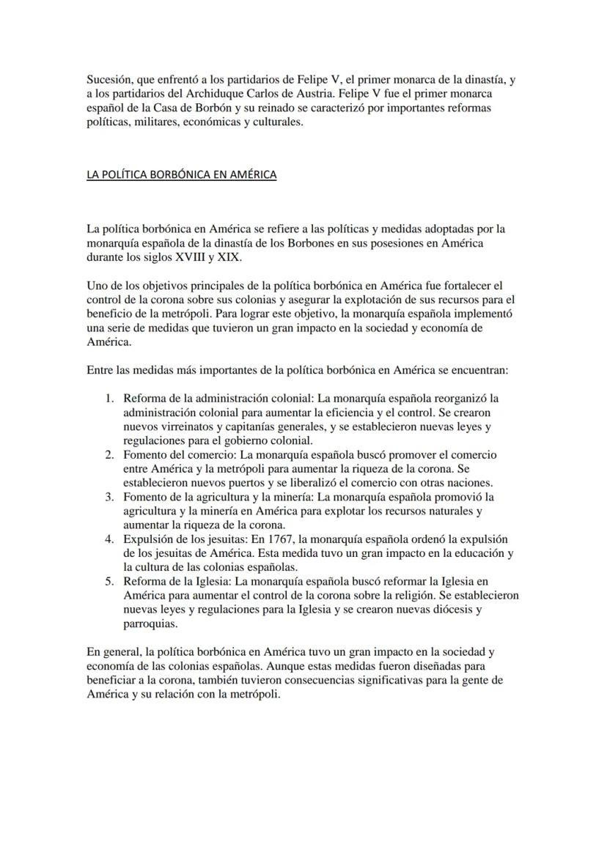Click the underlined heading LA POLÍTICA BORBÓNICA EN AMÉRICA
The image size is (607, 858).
coord(181,175)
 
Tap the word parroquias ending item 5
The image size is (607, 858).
coord(150,623)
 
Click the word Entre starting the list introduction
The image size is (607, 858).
coord(100,370)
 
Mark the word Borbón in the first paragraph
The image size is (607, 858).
coord(208,108)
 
